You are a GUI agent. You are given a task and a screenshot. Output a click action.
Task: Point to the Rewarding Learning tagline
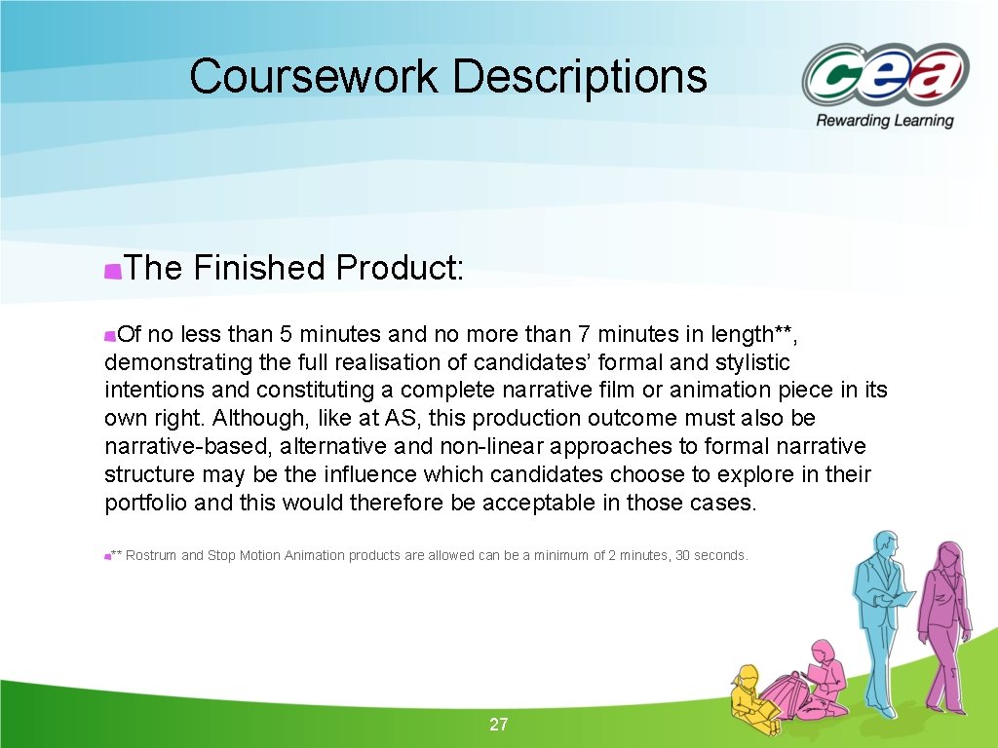(x=884, y=121)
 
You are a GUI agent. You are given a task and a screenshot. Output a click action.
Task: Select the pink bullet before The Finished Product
(x=113, y=270)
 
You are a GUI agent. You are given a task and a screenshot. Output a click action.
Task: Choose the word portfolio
(x=145, y=503)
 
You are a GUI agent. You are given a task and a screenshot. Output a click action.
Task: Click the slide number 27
(x=499, y=724)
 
